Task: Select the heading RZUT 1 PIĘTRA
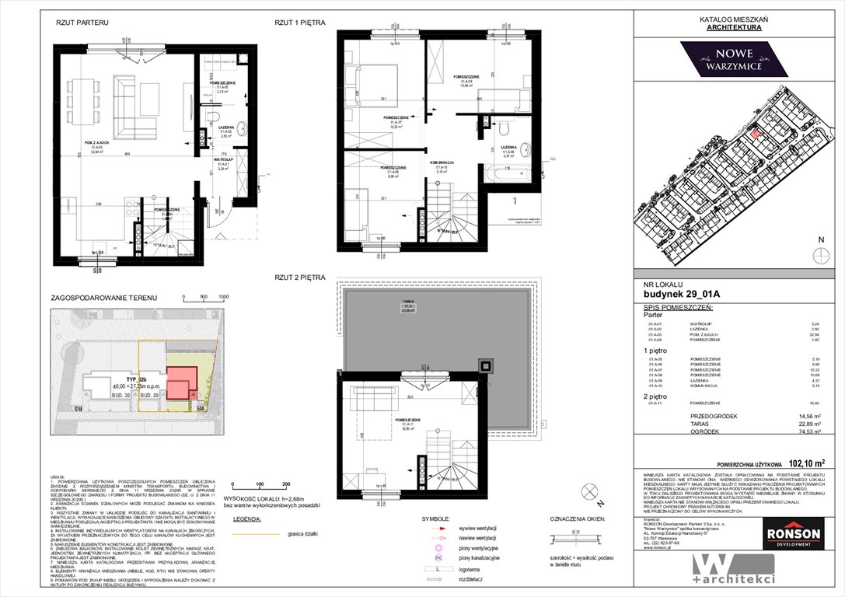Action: click(x=295, y=24)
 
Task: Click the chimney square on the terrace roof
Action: click(x=486, y=364)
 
